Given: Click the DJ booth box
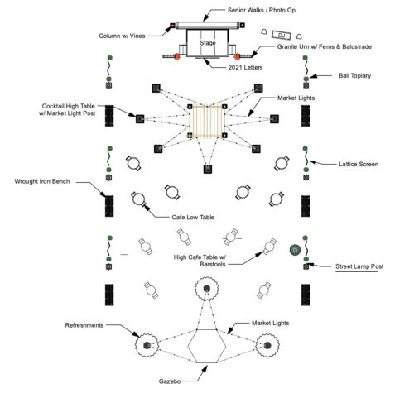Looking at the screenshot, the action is pyautogui.click(x=282, y=35).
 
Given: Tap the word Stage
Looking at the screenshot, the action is pyautogui.click(x=208, y=43).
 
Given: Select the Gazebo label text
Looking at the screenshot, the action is pyautogui.click(x=170, y=381).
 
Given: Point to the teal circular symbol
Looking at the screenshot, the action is pyautogui.click(x=295, y=250).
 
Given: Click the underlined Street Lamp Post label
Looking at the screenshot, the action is pyautogui.click(x=359, y=266).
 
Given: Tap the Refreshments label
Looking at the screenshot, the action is pyautogui.click(x=84, y=325).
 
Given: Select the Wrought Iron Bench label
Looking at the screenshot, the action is pyautogui.click(x=42, y=181).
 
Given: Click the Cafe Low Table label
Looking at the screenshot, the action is pyautogui.click(x=193, y=217).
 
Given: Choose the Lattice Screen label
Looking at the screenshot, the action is pyautogui.click(x=359, y=164).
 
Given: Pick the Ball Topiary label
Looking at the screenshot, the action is pyautogui.click(x=354, y=75).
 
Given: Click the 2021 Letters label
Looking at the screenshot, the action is pyautogui.click(x=245, y=67).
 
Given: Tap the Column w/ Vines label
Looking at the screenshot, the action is pyautogui.click(x=122, y=36).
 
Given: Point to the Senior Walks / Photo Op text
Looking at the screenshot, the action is pyautogui.click(x=262, y=10).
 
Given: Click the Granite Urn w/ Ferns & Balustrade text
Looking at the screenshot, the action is pyautogui.click(x=325, y=46).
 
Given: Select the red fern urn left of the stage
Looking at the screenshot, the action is pyautogui.click(x=177, y=56).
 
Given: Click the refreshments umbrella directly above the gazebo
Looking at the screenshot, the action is pyautogui.click(x=207, y=289).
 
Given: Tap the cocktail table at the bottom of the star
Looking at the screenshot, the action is pyautogui.click(x=208, y=169).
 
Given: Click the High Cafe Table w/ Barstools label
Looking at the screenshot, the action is pyautogui.click(x=200, y=261).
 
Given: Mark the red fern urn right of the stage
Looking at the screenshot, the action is pyautogui.click(x=237, y=56).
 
